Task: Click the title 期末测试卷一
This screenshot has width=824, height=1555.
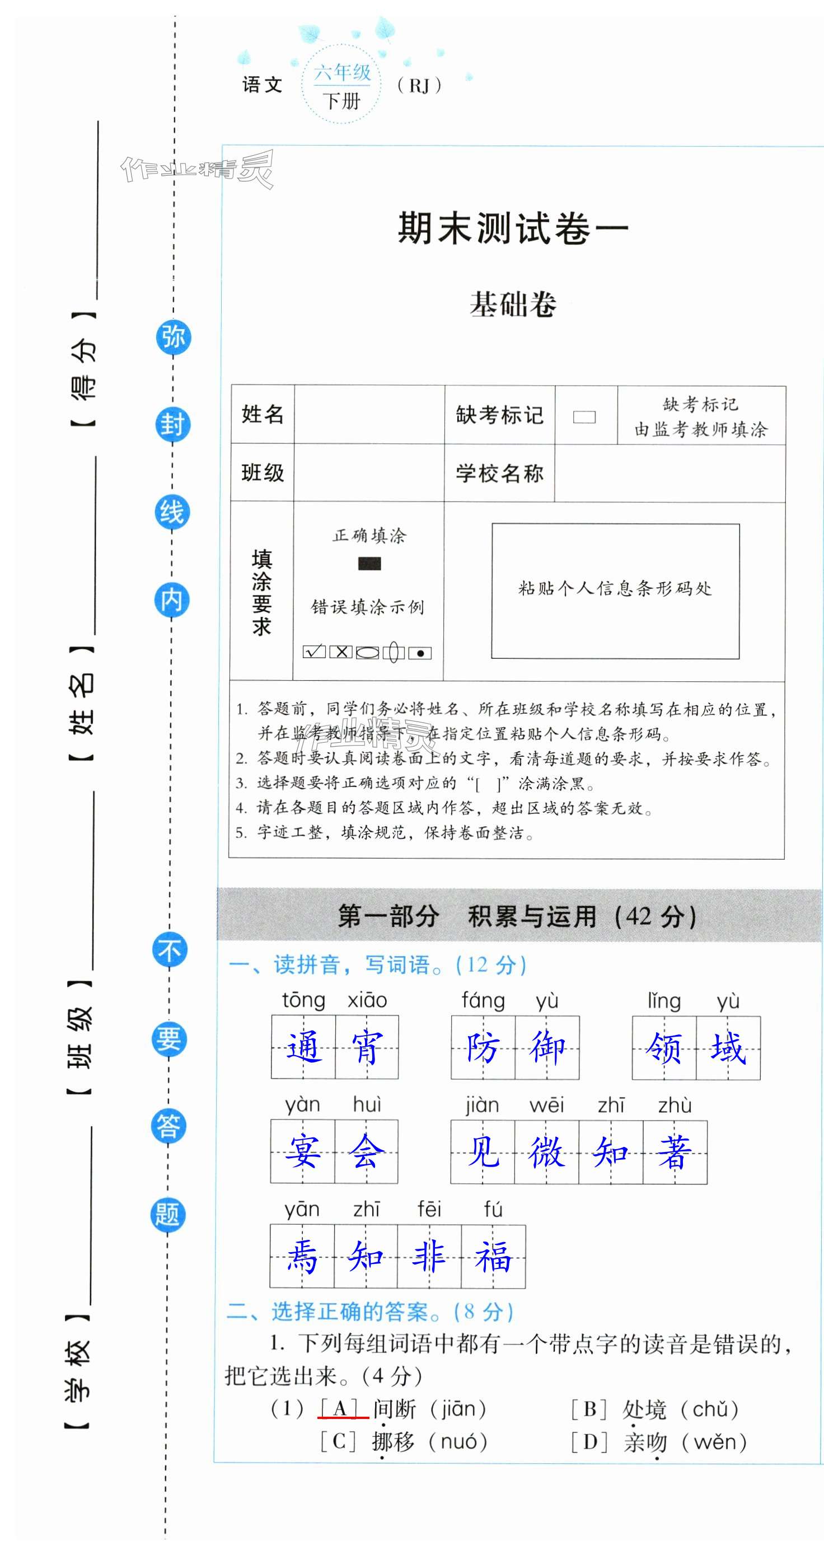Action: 513,228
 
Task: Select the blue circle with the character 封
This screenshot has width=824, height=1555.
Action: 172,424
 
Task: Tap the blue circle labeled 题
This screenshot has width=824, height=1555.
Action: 167,1214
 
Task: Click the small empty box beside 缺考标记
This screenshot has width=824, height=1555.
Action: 584,416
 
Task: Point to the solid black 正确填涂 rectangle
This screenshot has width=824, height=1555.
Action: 369,564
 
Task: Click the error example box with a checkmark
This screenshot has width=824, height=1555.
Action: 314,652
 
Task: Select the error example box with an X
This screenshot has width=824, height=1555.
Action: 341,652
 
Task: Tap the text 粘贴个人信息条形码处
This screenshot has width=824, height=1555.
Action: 615,588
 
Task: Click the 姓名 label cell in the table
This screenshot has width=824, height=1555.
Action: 263,414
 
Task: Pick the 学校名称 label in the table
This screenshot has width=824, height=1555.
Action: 499,473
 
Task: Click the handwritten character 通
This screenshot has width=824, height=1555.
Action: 303,1047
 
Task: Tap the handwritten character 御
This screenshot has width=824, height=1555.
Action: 547,1047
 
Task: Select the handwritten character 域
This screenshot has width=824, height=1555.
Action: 728,1047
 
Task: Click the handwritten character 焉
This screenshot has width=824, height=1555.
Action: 302,1256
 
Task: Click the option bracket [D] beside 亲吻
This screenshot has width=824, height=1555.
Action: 589,1442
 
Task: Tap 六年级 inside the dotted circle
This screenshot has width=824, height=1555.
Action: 341,72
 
